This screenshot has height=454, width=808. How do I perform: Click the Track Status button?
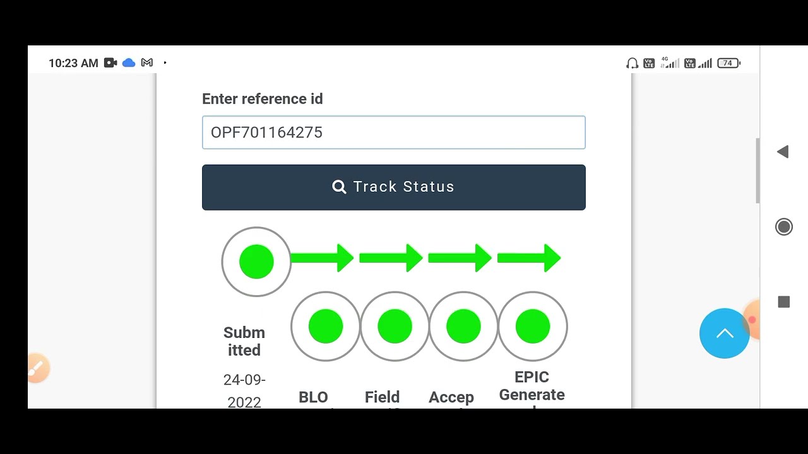click(393, 187)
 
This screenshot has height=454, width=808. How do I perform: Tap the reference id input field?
click(393, 132)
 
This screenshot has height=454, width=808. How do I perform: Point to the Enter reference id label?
click(262, 99)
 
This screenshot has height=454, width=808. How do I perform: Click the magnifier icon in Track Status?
click(339, 187)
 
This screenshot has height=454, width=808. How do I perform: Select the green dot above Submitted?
click(256, 262)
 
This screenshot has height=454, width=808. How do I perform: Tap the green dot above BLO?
click(326, 327)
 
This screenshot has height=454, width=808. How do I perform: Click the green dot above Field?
click(395, 327)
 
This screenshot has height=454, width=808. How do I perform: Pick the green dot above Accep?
click(463, 327)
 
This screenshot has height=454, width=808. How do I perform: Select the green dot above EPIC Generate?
click(533, 327)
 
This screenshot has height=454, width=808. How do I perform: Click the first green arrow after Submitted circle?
click(323, 258)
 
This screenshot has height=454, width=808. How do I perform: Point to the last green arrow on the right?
click(529, 258)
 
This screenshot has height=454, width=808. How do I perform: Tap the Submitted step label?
click(244, 341)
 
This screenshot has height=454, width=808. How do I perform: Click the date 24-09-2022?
click(244, 391)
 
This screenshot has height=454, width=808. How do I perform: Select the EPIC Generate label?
click(532, 386)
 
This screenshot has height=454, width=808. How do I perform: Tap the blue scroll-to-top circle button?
click(724, 334)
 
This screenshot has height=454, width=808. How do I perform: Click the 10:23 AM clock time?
click(73, 63)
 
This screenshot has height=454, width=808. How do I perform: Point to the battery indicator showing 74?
click(728, 63)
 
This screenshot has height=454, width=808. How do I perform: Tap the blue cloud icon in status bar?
click(129, 63)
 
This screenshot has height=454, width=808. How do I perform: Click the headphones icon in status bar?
click(632, 63)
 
